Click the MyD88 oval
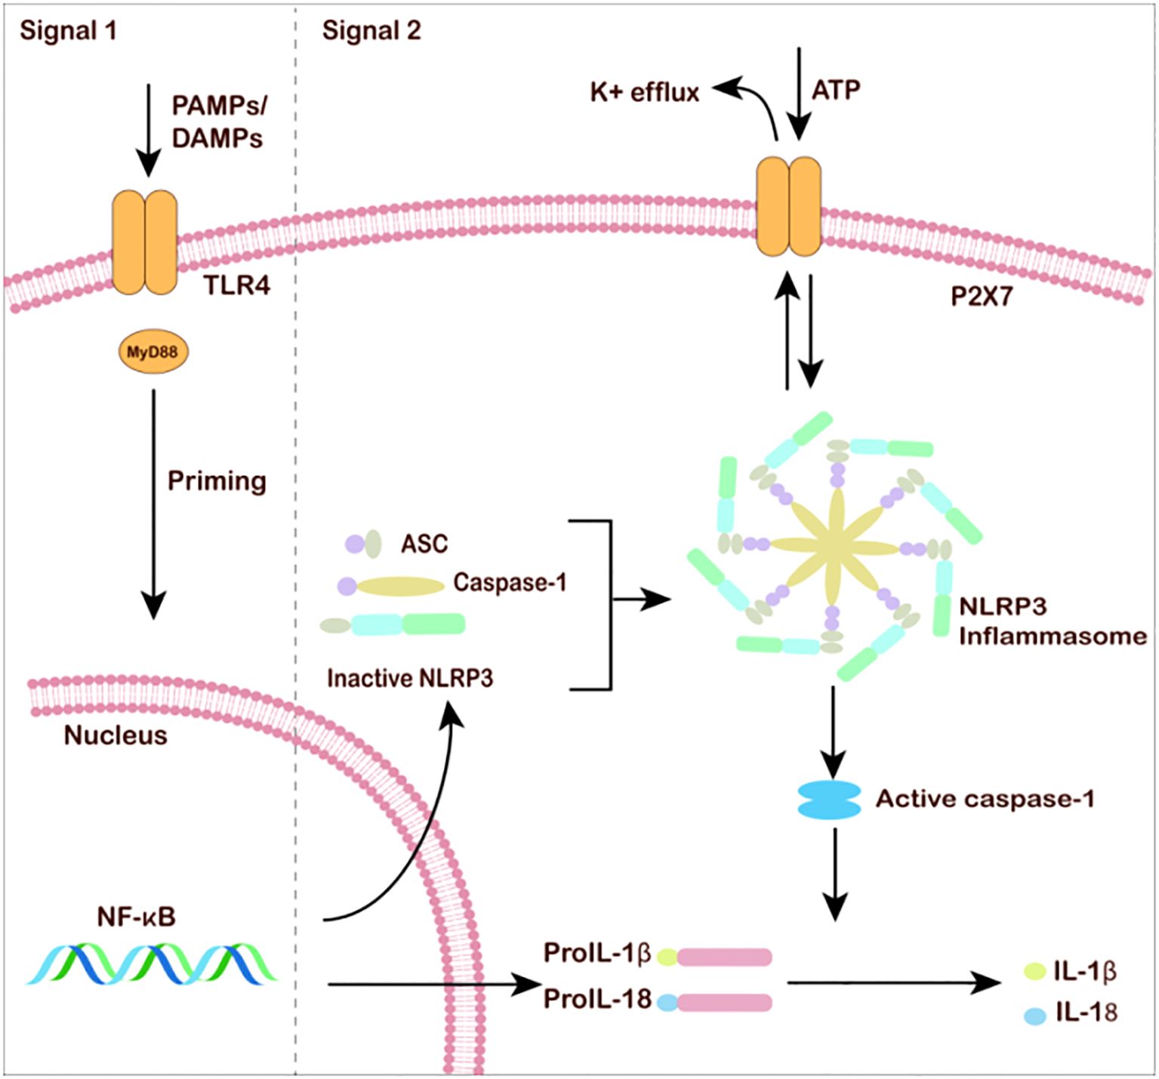tap(153, 352)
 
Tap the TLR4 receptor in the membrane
tap(144, 242)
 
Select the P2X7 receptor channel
tap(789, 207)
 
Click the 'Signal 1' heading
tap(68, 31)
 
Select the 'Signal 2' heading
tap(371, 31)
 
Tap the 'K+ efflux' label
tap(645, 92)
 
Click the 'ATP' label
tap(836, 90)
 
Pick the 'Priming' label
tap(217, 481)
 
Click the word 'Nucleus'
tap(116, 735)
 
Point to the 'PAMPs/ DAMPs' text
tap(218, 122)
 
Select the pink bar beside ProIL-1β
tap(724, 957)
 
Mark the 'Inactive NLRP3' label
tap(410, 678)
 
